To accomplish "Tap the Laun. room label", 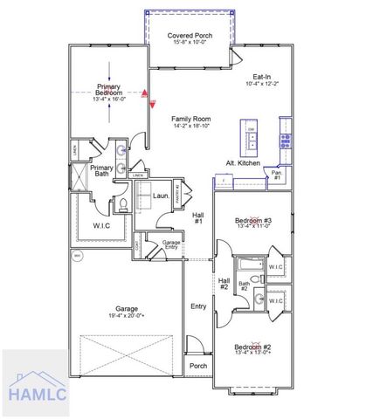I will pos(161,196).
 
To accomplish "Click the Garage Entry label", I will pos(172,244).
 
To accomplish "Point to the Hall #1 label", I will pos(198,217).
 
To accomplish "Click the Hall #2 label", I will pos(224,282).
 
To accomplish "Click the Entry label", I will pos(199,306).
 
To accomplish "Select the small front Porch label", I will pos(199,366).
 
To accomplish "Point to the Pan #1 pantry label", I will pos(276,175).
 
